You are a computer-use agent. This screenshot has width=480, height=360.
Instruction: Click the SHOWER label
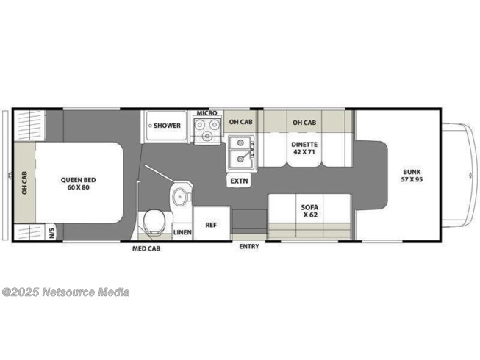pos(167,126)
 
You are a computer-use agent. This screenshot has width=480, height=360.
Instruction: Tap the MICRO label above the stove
pos(207,113)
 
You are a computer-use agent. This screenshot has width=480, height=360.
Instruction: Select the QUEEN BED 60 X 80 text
pos(78,184)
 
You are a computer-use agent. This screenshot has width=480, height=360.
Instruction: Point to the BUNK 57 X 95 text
pos(412,176)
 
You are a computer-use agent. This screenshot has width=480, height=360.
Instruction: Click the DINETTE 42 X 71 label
pos(304,148)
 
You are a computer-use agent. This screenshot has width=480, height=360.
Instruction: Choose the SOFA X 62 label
pos(309,211)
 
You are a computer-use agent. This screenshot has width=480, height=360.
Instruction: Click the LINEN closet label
pos(182,232)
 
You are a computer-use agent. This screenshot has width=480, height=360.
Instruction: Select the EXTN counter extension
pos(239,181)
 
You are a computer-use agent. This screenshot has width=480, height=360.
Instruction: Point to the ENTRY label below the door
pos(249,246)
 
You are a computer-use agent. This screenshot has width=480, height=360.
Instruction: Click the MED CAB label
pos(146,248)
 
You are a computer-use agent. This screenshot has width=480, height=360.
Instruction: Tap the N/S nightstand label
pos(51,233)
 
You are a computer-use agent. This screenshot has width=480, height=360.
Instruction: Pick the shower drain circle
pos(150,126)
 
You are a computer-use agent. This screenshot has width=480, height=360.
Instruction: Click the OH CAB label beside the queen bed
pos(24,183)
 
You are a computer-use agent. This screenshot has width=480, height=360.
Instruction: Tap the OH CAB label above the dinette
pos(304,123)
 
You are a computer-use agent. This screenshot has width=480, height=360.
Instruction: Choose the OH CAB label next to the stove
pos(241,122)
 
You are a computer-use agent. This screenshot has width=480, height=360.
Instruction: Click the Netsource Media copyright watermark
pos(65,292)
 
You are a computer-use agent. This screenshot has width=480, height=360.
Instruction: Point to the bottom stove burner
pos(207,135)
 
